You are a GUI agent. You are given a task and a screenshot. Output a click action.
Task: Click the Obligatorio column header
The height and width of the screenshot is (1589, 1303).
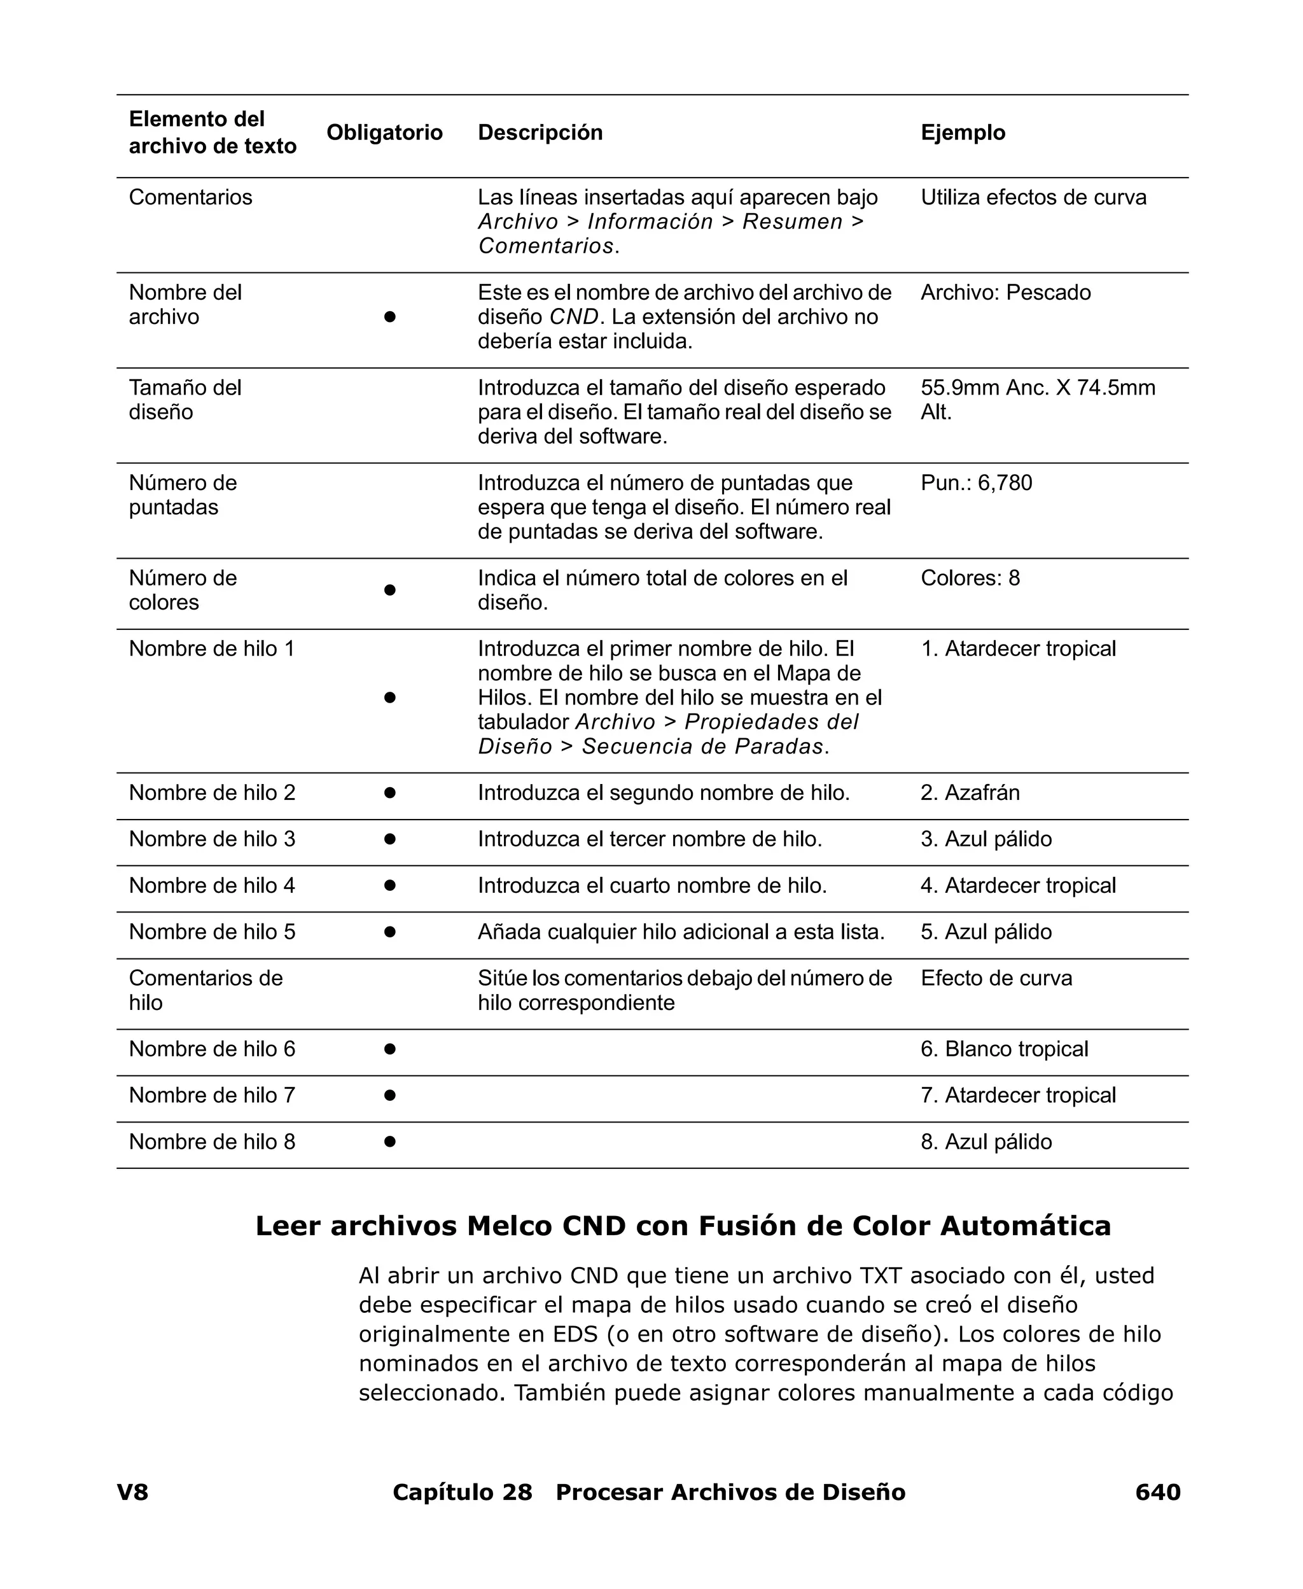(384, 132)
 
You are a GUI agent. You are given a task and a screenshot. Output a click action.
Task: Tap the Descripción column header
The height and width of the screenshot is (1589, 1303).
(540, 132)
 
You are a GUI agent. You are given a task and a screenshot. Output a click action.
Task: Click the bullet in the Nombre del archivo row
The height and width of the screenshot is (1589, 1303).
(389, 317)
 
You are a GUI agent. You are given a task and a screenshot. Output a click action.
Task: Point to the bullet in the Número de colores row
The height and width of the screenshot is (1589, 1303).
(389, 590)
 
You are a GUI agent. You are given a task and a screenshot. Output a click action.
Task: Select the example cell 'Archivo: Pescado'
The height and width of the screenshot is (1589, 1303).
(1005, 292)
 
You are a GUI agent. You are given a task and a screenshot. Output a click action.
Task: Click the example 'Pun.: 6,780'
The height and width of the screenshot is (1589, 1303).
(976, 482)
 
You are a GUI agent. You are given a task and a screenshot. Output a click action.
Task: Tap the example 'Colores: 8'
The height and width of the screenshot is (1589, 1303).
(970, 578)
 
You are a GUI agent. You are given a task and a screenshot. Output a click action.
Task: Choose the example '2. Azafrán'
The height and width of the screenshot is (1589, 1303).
(970, 793)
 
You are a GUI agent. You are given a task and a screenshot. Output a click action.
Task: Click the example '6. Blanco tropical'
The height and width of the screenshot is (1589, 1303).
(1003, 1049)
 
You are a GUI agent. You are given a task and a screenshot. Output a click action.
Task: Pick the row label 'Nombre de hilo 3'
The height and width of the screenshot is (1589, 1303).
(212, 839)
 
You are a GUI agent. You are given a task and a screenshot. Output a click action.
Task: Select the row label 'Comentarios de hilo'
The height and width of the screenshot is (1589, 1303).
(205, 990)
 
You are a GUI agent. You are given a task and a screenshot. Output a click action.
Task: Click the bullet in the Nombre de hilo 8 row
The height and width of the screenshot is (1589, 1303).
(389, 1142)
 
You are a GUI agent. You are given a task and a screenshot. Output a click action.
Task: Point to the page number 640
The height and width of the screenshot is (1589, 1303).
(1157, 1492)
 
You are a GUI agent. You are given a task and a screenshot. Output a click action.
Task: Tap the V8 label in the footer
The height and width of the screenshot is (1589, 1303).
(132, 1492)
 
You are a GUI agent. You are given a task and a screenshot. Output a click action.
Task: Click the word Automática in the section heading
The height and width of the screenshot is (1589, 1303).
(1024, 1226)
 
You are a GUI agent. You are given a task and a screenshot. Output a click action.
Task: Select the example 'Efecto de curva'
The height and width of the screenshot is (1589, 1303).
(996, 978)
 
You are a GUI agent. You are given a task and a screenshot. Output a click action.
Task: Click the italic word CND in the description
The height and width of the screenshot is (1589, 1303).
(574, 317)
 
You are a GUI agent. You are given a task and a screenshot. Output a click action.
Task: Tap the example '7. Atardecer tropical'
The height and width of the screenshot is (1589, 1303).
(1018, 1095)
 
